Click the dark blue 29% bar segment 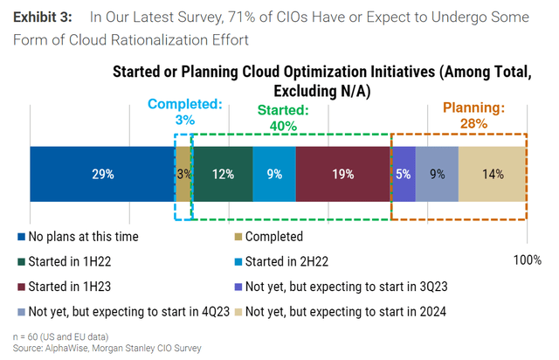pos(102,174)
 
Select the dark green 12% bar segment pos(222,174)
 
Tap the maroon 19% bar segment pos(342,174)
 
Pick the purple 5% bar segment pos(403,174)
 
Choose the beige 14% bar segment pos(492,174)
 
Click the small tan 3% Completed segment pos(183,174)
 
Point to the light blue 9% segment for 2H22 pos(274,174)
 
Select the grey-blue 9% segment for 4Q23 pos(437,174)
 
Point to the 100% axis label pos(527,260)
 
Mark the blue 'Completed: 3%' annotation pos(184,111)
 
